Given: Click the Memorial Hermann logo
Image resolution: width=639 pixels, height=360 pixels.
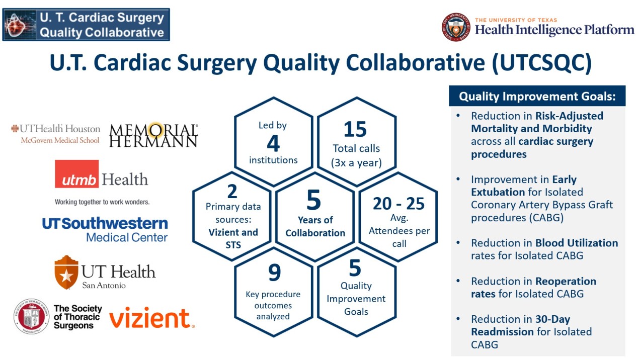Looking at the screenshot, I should [x=153, y=135].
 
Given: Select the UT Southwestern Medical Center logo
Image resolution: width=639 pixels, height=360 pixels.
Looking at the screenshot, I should [x=105, y=229].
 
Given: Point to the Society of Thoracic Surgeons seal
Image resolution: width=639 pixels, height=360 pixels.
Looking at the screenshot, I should [x=31, y=316].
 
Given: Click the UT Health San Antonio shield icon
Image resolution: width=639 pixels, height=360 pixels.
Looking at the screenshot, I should [x=66, y=272].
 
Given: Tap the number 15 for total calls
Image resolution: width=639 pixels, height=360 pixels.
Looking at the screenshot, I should [x=355, y=130].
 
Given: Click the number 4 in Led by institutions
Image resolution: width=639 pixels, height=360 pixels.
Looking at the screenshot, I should [x=273, y=144].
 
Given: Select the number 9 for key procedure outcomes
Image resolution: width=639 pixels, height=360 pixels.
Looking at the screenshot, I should [x=274, y=273].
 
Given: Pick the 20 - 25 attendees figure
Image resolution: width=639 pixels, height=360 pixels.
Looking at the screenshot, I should [x=398, y=204].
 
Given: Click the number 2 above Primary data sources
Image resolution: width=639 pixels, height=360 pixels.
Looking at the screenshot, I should [x=232, y=191].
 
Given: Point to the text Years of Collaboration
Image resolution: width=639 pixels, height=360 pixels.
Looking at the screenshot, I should [x=315, y=226].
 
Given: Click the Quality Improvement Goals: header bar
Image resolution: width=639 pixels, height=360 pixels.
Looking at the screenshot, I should [x=537, y=96].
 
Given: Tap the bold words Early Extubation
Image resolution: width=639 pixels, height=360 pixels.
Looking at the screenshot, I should [x=523, y=186].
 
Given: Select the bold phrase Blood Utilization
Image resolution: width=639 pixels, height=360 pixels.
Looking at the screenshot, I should [x=577, y=243].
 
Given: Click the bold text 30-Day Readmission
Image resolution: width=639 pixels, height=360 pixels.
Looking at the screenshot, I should [x=521, y=325].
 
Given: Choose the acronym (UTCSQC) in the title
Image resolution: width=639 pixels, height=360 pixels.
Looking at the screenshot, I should [x=541, y=63].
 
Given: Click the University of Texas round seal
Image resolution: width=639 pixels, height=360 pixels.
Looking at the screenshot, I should [x=456, y=27].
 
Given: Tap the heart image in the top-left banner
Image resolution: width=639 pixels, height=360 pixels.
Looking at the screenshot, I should [x=19, y=25].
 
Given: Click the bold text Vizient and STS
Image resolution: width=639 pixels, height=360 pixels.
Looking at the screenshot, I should [x=233, y=239].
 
